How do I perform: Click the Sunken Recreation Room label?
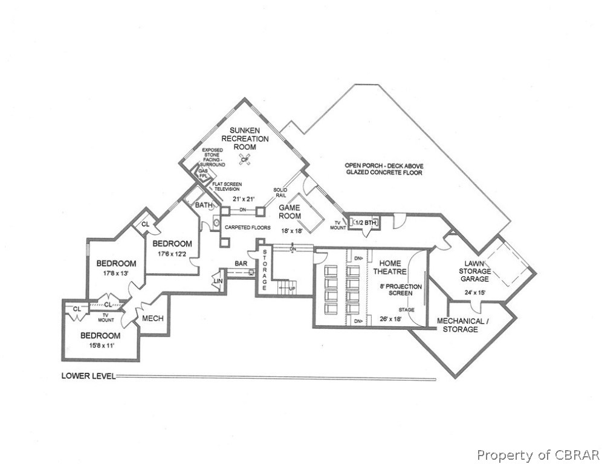point(245,138)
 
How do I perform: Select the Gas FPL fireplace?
point(202,173)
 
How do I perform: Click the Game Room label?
point(290,212)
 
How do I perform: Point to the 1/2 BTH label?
point(366,222)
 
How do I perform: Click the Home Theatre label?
point(390,268)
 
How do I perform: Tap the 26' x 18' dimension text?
point(390,318)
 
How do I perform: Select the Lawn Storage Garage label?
point(475,271)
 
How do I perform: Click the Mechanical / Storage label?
point(461,325)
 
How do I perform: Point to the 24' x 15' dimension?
point(474,292)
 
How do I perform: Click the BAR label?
point(241,263)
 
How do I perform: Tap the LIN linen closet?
point(218,282)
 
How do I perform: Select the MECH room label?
point(153,318)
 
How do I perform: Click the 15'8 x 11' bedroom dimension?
point(102,346)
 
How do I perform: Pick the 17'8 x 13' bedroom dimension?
point(115,274)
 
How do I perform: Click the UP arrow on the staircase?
point(287,288)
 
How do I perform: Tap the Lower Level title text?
point(88,376)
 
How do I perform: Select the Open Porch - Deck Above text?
point(384,166)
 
